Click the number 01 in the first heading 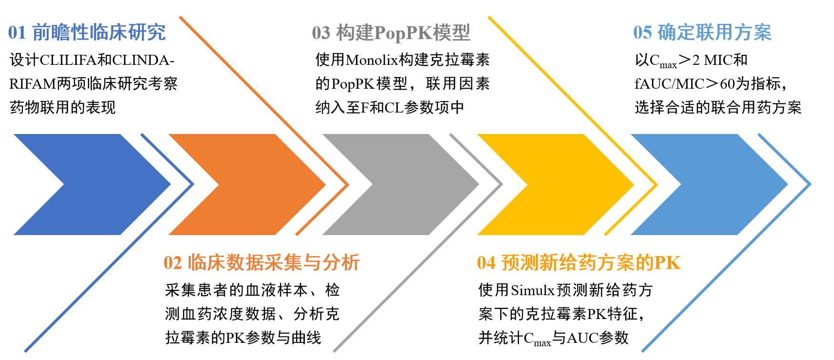click(17, 33)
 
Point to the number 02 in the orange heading click(173, 263)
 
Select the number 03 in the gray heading click(321, 33)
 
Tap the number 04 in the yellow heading click(486, 263)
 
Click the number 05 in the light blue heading click(642, 33)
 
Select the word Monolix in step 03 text click(371, 60)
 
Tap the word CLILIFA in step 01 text click(68, 61)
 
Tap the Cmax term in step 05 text click(663, 62)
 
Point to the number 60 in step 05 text click(727, 84)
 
